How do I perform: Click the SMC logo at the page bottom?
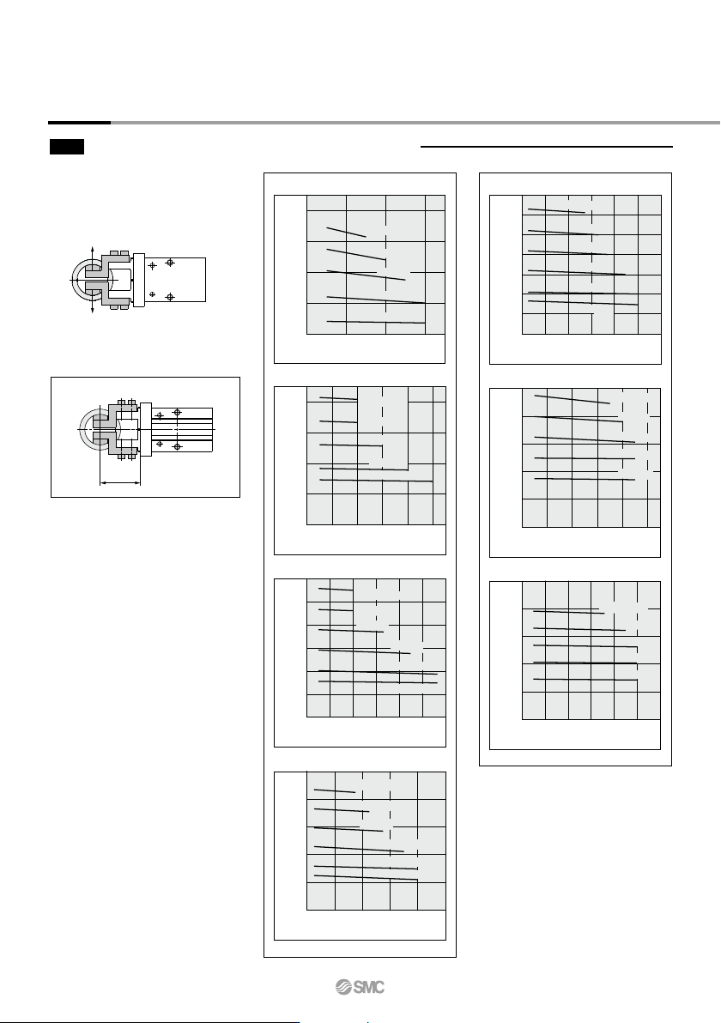360,987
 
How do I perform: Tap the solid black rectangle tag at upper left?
67,147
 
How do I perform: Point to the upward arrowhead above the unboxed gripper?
92,250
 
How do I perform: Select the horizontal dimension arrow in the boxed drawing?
120,483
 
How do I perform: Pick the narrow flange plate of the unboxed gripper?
138,280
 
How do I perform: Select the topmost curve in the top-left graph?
347,233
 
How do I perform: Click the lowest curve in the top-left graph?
376,323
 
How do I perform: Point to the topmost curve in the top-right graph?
556,211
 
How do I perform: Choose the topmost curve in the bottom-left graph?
335,790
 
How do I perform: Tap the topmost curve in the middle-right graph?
573,399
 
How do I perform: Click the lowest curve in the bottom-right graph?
585,680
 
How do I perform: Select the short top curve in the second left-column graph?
339,398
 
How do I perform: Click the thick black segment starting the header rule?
79,122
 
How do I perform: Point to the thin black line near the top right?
547,148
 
